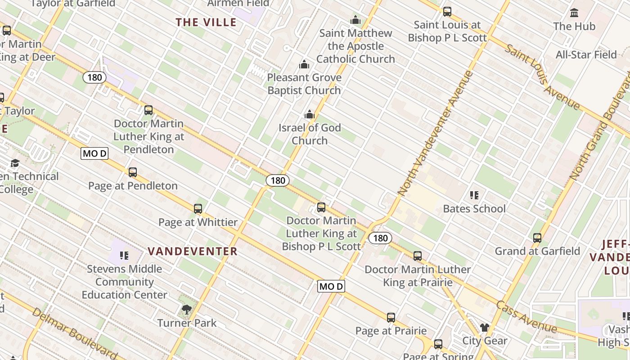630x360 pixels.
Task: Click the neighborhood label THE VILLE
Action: point(206,22)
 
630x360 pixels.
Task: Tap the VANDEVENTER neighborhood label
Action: point(193,251)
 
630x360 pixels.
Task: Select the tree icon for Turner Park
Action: point(187,310)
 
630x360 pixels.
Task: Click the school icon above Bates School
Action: point(474,195)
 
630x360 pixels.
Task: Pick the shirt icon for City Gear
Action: point(484,327)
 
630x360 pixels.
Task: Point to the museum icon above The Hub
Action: point(574,13)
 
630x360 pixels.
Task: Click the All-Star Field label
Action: point(586,55)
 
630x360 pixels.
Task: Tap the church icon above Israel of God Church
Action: point(309,115)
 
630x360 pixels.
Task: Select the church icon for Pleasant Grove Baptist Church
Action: point(304,64)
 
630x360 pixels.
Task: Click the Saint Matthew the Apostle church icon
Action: point(355,20)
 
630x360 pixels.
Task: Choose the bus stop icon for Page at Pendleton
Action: point(133,172)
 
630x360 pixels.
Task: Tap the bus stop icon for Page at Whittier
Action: point(198,209)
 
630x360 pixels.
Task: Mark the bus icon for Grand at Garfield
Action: point(537,238)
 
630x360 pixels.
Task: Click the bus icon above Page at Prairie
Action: point(391,318)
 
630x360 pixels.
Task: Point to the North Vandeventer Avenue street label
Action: point(436,133)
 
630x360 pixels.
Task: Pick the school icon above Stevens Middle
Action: point(124,256)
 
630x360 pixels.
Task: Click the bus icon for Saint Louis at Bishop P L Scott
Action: point(447,12)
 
